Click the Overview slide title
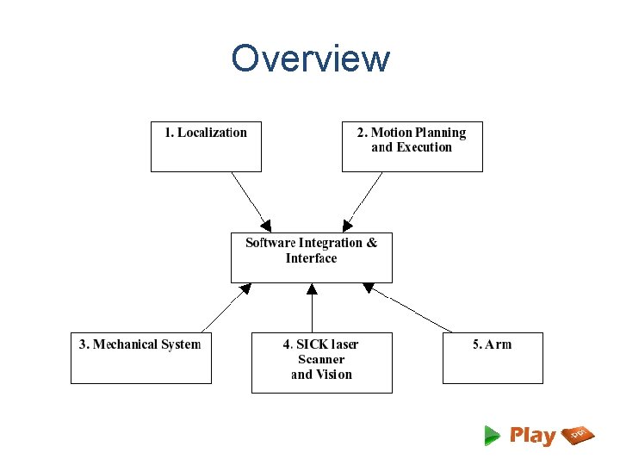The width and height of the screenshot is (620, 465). coord(310,59)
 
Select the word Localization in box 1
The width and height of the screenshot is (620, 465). coord(212,133)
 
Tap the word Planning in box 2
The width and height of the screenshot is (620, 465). coord(440,133)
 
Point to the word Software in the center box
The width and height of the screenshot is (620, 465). coord(270,243)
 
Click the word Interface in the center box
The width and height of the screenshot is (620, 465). coord(312,258)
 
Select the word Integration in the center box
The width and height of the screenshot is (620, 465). coord(331,243)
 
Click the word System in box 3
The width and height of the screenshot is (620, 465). coord(182,344)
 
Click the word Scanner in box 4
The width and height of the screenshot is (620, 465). coord(321,360)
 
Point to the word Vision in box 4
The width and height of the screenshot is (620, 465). coord(333,375)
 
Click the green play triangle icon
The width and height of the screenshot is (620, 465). coord(492,435)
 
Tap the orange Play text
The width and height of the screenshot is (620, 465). coord(533,436)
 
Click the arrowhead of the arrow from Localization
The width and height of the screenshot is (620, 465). coord(266,224)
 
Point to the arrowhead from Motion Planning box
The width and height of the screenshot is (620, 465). coord(347,226)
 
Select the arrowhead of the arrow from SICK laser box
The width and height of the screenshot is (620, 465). coord(312,289)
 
